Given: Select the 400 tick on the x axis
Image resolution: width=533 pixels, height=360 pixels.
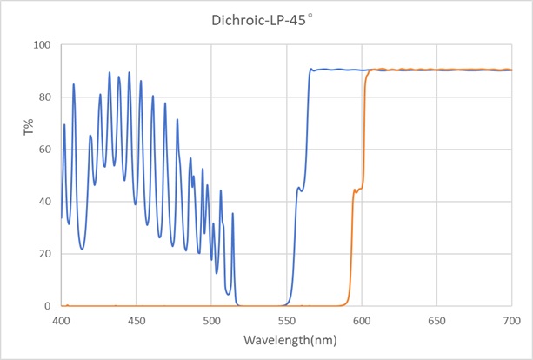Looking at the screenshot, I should [x=61, y=320].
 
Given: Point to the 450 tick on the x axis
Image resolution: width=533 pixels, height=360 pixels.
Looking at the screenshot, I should [x=136, y=320].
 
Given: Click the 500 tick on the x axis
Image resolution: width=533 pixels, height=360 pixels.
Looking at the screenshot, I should [x=211, y=320].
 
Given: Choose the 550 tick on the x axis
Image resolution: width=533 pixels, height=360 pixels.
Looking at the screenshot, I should [x=286, y=320].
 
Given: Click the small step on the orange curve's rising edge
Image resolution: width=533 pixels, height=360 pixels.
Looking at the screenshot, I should [x=356, y=190].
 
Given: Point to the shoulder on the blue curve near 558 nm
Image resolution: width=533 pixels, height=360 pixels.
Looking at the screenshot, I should [x=301, y=188].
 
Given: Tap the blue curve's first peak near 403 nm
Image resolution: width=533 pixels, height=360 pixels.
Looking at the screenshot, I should [x=64, y=125].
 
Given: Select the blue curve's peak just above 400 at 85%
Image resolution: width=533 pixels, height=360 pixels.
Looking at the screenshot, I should [x=73, y=84].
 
